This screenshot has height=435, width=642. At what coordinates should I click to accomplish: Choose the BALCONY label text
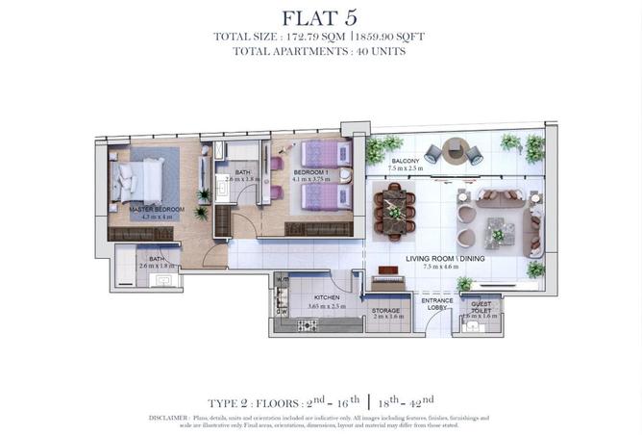click(405, 162)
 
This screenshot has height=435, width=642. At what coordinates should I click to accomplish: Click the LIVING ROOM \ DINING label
click(445, 259)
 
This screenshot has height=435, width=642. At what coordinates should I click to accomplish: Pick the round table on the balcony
click(456, 148)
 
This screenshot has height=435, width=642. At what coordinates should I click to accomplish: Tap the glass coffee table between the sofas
click(500, 231)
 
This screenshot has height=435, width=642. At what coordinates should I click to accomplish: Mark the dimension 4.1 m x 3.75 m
click(298, 177)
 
